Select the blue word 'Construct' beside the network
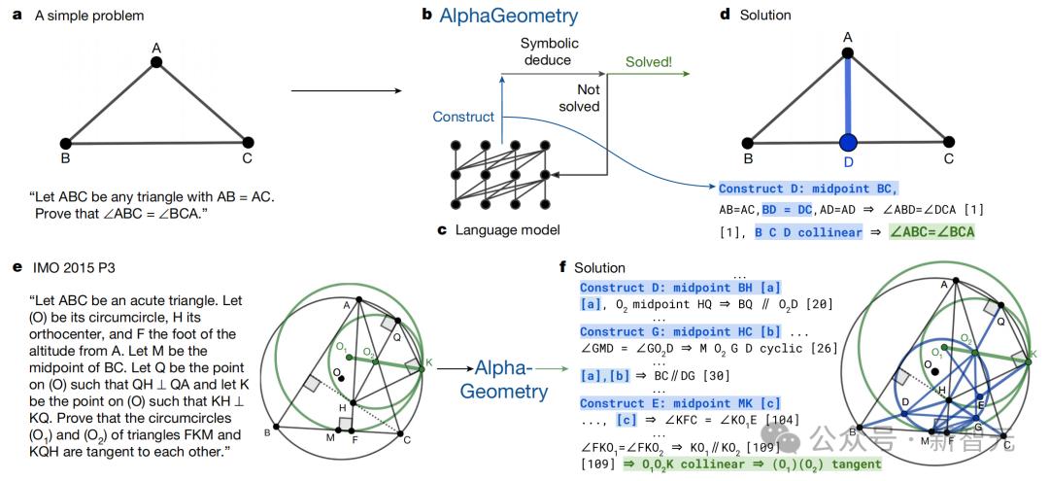(462, 117)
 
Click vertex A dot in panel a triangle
(156, 62)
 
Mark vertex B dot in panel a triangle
(65, 143)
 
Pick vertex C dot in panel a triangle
(247, 142)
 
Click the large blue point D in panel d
(849, 144)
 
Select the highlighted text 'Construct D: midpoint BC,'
(808, 189)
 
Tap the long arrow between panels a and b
(346, 92)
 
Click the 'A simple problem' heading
(86, 16)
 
